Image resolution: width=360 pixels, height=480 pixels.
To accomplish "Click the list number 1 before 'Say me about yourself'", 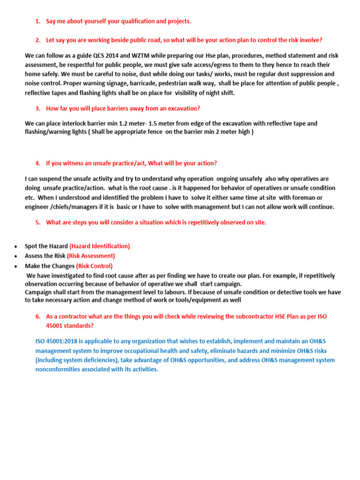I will point(37,22).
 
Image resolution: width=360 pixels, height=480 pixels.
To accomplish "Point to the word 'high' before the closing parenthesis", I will point(242,132).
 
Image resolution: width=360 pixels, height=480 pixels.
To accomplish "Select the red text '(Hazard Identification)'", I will point(99,246).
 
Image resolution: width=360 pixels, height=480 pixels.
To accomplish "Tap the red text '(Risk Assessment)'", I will point(90,256).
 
